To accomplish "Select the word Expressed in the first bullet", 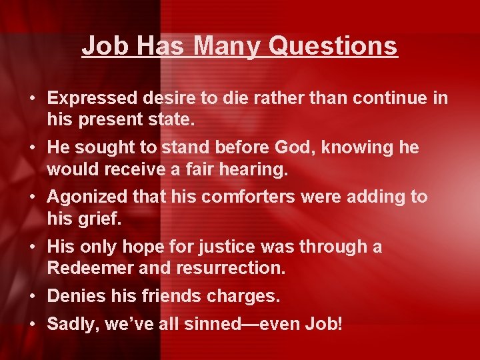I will pyautogui.click(x=93, y=98).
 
